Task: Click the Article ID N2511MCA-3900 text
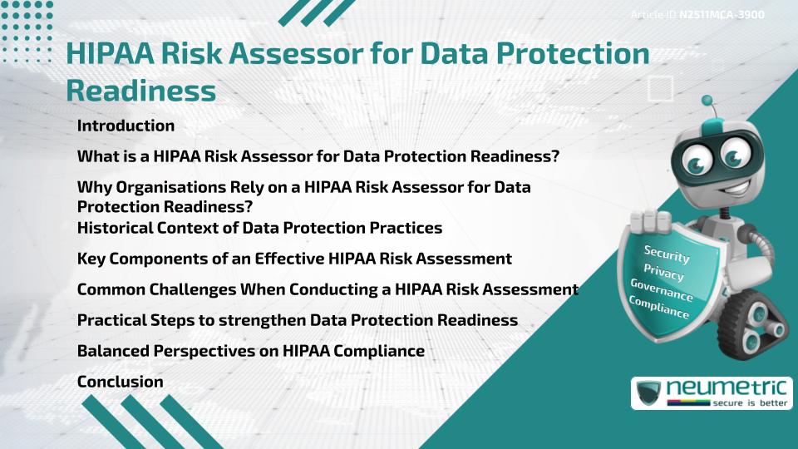(697, 15)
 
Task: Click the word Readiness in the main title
(140, 90)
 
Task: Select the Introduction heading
(126, 126)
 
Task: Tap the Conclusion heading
(120, 382)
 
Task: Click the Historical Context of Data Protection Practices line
(259, 227)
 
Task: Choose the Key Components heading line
(294, 259)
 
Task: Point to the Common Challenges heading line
(328, 289)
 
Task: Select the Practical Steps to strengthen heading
(297, 320)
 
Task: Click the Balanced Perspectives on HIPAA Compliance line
(250, 351)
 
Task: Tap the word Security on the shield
(667, 254)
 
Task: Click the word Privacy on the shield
(663, 273)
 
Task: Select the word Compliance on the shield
(659, 308)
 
